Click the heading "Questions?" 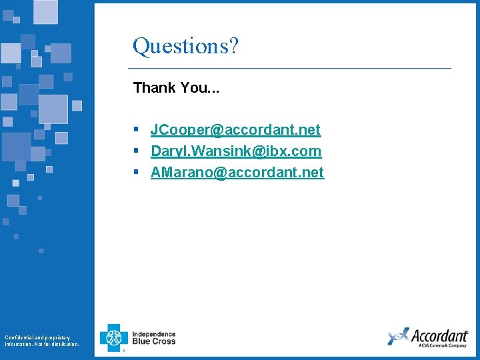coord(185,47)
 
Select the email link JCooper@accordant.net coord(235,129)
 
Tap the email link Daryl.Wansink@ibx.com coord(236,151)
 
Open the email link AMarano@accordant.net coord(237,172)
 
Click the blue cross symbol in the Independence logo coord(113,337)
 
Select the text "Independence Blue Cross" coord(154,337)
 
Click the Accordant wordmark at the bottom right coord(439,335)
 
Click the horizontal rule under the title coord(289,68)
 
